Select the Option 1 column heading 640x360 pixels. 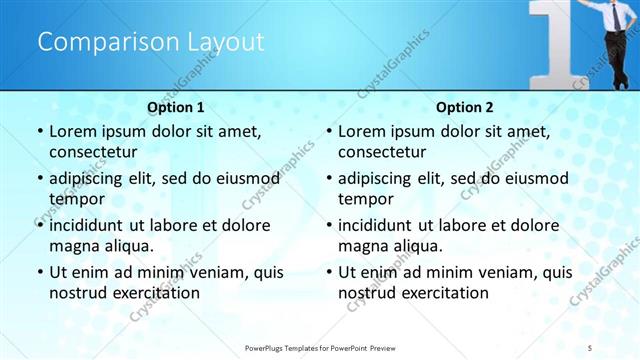(x=175, y=107)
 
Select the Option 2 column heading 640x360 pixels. (x=464, y=107)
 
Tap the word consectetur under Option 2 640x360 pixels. (x=382, y=152)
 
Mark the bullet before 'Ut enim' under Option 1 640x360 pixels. (x=39, y=271)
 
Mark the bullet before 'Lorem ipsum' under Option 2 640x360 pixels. (x=328, y=131)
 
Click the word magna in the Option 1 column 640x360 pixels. (x=72, y=246)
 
